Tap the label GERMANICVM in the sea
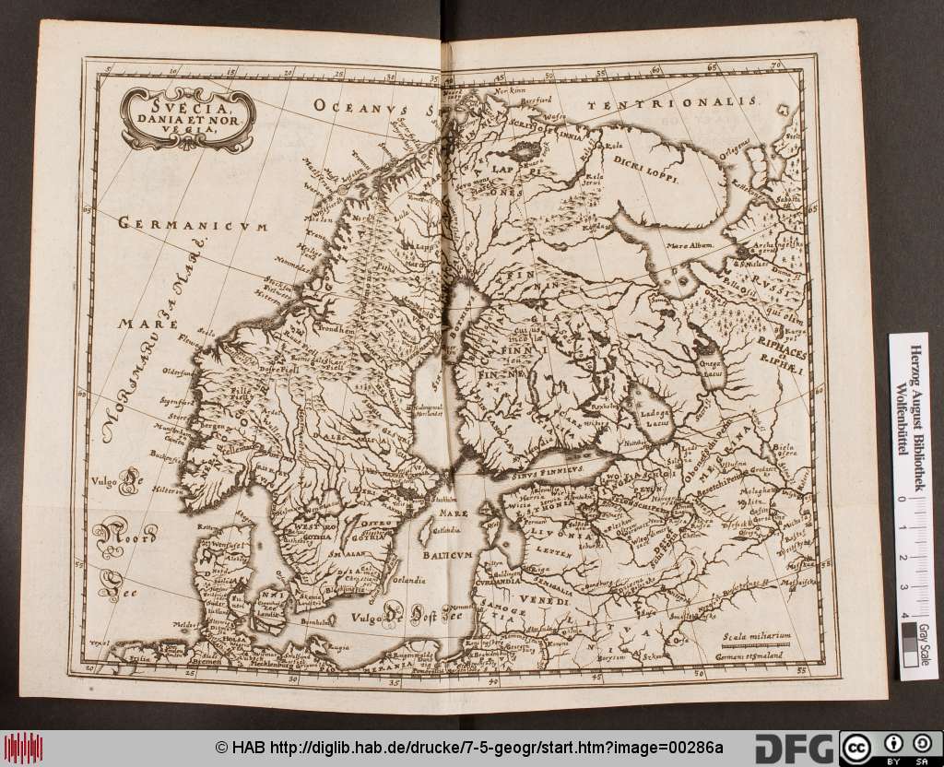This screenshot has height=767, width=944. click(x=192, y=224)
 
